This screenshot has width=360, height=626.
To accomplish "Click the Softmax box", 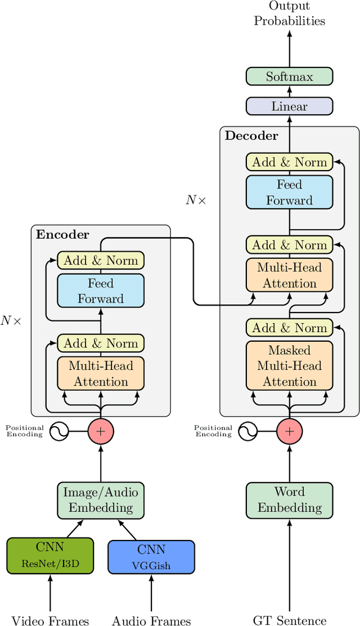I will (x=289, y=77).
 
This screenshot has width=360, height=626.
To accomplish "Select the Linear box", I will (x=289, y=106).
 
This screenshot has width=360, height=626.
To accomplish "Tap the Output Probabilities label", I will (x=289, y=14).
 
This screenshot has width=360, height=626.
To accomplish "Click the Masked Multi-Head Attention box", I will (x=289, y=365).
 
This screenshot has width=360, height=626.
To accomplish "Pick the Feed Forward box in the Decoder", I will (x=289, y=193).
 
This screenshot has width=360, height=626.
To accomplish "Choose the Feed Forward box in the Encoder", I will (x=101, y=291).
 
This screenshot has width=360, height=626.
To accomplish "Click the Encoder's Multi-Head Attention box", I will (x=101, y=374).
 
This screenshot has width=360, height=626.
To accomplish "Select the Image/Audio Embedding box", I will (x=101, y=500).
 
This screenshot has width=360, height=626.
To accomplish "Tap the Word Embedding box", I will (x=289, y=500).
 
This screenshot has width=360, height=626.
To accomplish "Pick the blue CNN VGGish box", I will (x=151, y=557).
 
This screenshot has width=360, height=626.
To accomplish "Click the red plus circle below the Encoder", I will (x=101, y=432).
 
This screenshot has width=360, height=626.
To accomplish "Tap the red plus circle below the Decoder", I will (x=289, y=432).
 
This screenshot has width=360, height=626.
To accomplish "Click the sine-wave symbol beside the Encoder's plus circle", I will (x=59, y=432).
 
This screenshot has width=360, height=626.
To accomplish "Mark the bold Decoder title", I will (x=251, y=136).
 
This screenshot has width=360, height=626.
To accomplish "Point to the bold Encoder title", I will (x=62, y=235).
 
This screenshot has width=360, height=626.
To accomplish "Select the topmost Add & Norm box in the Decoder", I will (x=289, y=162).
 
